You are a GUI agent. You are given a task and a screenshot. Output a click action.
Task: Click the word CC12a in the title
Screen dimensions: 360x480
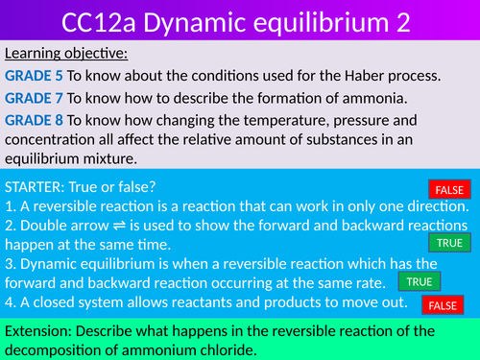[x=104, y=22]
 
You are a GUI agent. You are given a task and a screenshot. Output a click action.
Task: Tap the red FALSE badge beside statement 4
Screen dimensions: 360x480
[x=443, y=305]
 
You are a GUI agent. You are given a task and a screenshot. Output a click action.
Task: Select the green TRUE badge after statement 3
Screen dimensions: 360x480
[x=419, y=282]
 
